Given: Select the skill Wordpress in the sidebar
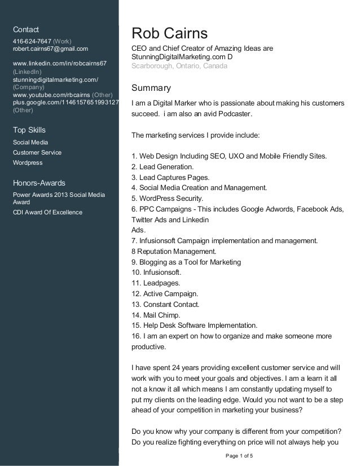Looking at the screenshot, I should click(28, 163).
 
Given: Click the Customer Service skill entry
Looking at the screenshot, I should click(37, 153).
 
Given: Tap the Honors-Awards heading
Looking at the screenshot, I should click(39, 183).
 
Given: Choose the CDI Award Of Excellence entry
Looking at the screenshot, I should click(47, 212).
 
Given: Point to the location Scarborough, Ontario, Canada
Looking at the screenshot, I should click(179, 66).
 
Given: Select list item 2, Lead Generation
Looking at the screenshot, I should click(163, 166).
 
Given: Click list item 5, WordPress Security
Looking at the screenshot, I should click(166, 198).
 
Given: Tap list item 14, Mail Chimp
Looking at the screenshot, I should click(155, 315).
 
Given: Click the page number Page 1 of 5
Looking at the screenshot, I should click(239, 455).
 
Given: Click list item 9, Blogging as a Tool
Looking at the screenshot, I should click(186, 262).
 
